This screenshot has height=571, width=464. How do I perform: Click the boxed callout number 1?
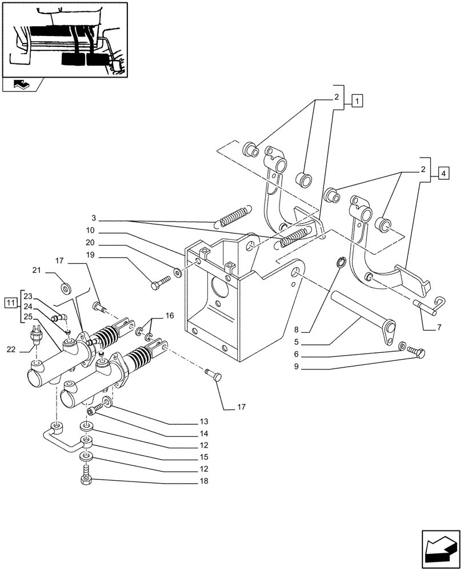[x=357, y=102]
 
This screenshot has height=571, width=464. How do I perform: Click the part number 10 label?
[x=91, y=231]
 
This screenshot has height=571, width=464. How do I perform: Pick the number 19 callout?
[x=91, y=255]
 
